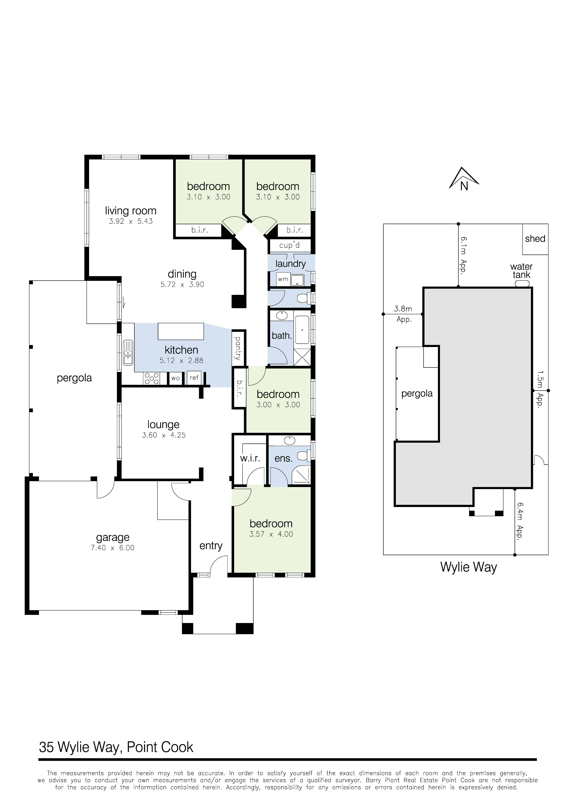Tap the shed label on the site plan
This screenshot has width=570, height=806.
tap(535, 239)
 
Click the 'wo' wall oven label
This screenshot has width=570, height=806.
tap(175, 378)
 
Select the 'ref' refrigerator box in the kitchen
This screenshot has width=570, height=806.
tap(194, 378)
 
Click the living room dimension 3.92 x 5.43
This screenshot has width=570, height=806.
tap(131, 221)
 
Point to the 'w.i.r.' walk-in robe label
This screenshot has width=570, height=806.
tap(250, 458)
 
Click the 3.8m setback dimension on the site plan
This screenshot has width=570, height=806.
tap(403, 309)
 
